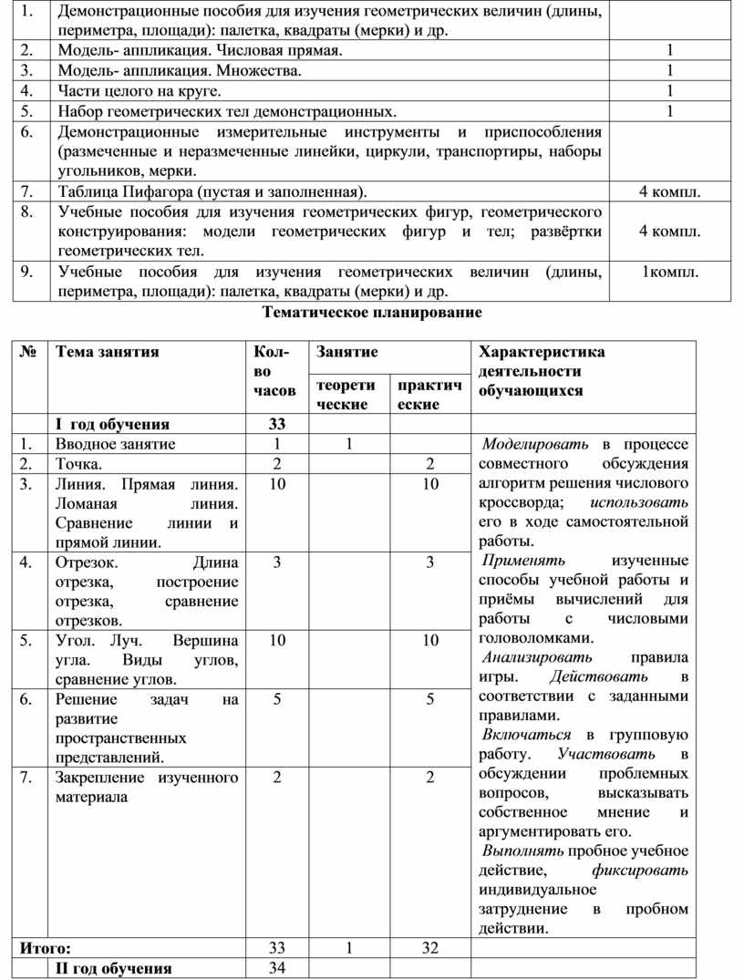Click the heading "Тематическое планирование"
click(372, 313)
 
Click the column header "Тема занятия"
click(108, 352)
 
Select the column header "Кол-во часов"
click(274, 371)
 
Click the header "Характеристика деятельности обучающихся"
click(542, 371)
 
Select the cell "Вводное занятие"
click(115, 444)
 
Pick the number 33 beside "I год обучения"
click(277, 424)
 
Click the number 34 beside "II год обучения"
click(277, 967)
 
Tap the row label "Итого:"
click(45, 948)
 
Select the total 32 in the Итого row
click(429, 948)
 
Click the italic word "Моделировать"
click(536, 444)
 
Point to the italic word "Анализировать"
click(537, 656)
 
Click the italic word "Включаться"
click(526, 734)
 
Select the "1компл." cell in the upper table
click(670, 272)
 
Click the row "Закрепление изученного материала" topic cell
click(146, 787)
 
